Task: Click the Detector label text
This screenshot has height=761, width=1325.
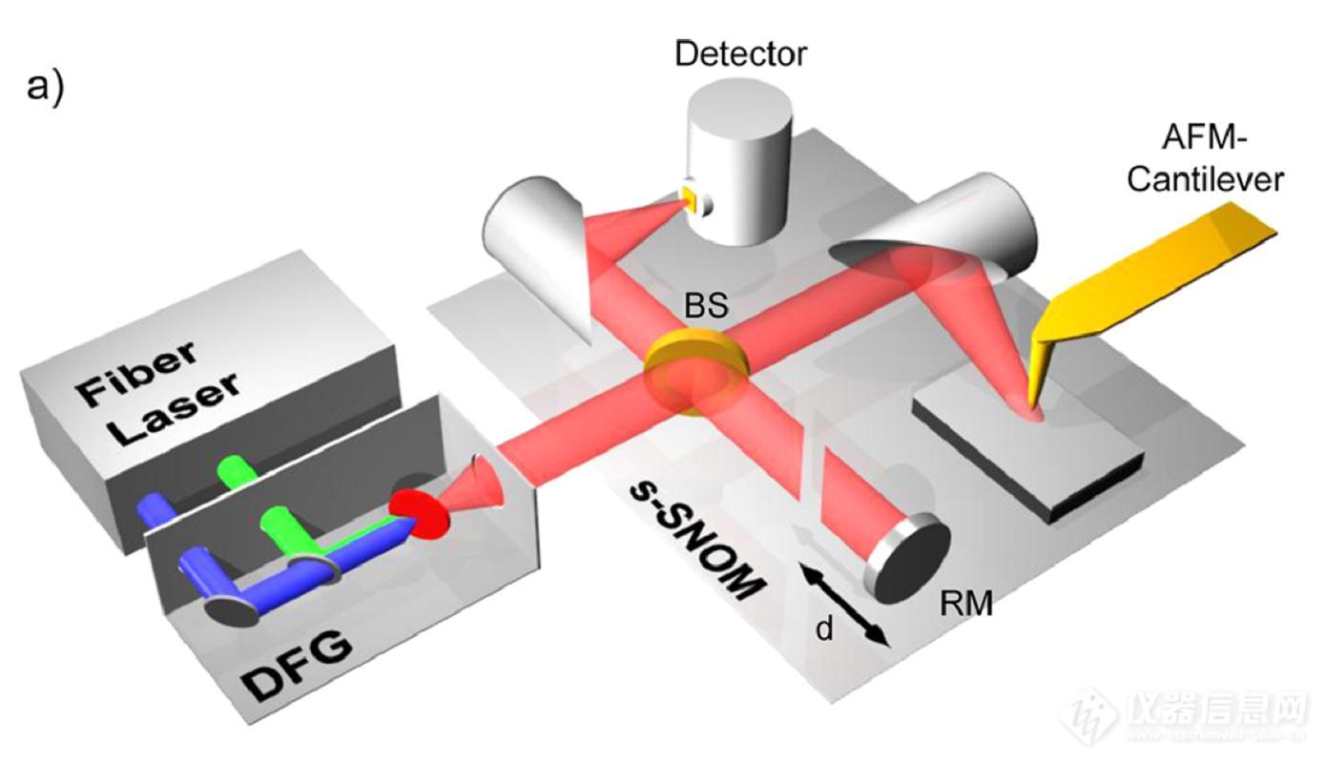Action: [x=739, y=52]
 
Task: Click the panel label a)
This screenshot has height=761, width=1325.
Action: [x=45, y=87]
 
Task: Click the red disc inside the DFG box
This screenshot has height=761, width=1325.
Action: [x=418, y=514]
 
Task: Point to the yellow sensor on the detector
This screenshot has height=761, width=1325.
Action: [x=688, y=198]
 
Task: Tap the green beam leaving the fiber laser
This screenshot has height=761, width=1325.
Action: [x=233, y=469]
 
